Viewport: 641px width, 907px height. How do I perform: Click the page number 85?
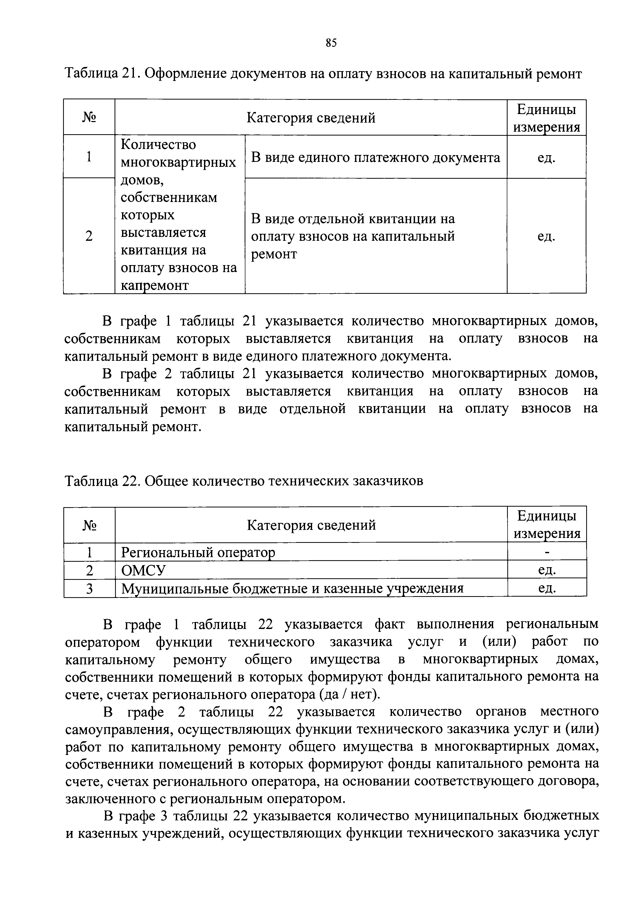click(331, 43)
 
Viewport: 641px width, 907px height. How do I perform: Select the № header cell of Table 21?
click(89, 118)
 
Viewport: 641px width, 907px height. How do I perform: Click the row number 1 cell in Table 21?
click(89, 157)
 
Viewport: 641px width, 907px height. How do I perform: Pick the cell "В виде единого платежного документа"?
click(376, 158)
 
